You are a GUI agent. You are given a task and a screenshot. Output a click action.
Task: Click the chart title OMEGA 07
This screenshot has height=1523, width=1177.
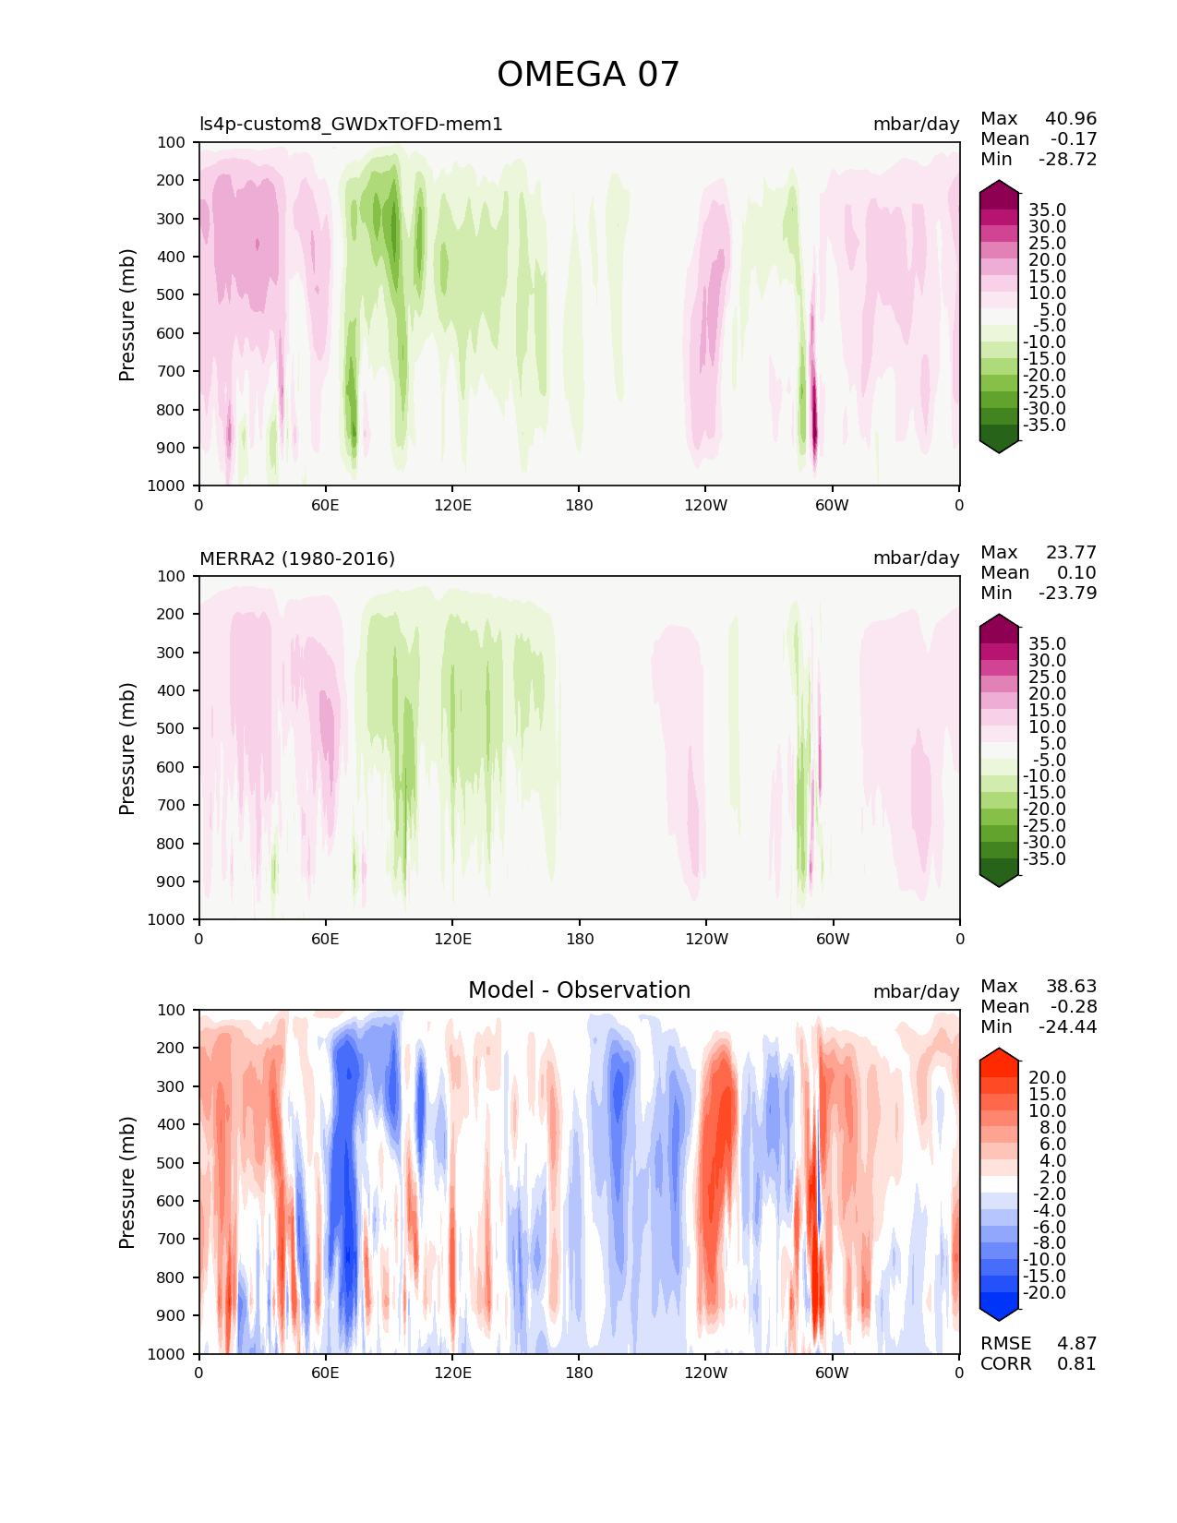pos(588,75)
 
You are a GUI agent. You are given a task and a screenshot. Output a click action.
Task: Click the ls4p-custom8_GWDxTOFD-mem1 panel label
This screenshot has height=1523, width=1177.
pos(351,125)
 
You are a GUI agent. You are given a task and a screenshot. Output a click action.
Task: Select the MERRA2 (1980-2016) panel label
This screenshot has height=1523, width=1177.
pos(297,558)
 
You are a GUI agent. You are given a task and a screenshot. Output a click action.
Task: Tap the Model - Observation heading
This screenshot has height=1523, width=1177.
pos(579,990)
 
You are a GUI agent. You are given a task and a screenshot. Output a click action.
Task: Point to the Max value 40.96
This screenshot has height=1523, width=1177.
pos(1071,119)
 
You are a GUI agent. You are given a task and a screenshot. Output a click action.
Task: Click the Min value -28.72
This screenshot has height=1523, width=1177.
pos(1068,160)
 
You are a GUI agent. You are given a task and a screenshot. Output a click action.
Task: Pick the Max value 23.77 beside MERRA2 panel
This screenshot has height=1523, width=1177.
pos(1071,553)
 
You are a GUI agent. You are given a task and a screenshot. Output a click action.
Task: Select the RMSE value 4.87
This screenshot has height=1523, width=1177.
pos(1076,1344)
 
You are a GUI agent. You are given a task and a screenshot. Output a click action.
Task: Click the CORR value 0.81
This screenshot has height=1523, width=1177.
pos(1076,1364)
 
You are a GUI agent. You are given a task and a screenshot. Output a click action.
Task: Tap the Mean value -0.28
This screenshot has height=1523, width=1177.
pos(1073,1007)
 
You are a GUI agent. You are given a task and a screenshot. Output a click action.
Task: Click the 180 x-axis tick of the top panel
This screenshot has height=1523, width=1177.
pos(579,506)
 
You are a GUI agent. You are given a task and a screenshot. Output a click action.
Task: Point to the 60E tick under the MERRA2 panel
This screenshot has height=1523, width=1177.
pos(325,940)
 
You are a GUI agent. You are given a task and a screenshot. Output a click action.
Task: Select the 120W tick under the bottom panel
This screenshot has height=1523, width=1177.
pos(705,1373)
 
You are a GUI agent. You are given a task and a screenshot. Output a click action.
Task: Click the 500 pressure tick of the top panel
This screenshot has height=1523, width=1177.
pos(172,295)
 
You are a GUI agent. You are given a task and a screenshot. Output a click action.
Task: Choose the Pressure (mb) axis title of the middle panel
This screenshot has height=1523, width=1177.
pos(127,749)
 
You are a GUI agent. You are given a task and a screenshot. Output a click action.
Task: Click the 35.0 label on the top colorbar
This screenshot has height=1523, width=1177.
pos(1047,210)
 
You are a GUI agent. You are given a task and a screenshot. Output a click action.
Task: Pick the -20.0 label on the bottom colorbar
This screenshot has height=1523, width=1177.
pos(1044,1293)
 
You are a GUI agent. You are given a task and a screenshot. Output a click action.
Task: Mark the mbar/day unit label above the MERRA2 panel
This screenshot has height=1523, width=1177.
pos(916,558)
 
